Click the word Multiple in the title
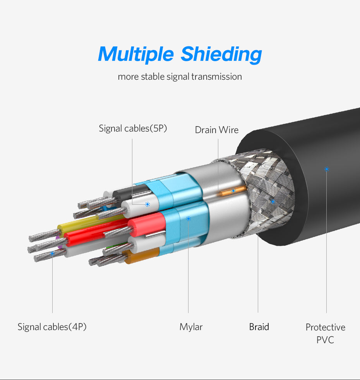[x=136, y=54]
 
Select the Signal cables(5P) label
[x=133, y=128]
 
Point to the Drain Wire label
[x=217, y=130]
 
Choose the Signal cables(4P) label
[x=52, y=327]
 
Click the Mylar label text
[x=191, y=327]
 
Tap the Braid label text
[x=259, y=327]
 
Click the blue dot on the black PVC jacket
[x=326, y=169]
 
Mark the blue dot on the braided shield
[x=273, y=202]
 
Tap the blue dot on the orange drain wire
[x=233, y=191]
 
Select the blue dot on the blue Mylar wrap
[x=189, y=219]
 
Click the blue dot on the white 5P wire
[x=147, y=204]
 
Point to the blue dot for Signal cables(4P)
[x=53, y=253]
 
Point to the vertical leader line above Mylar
[x=189, y=271]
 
